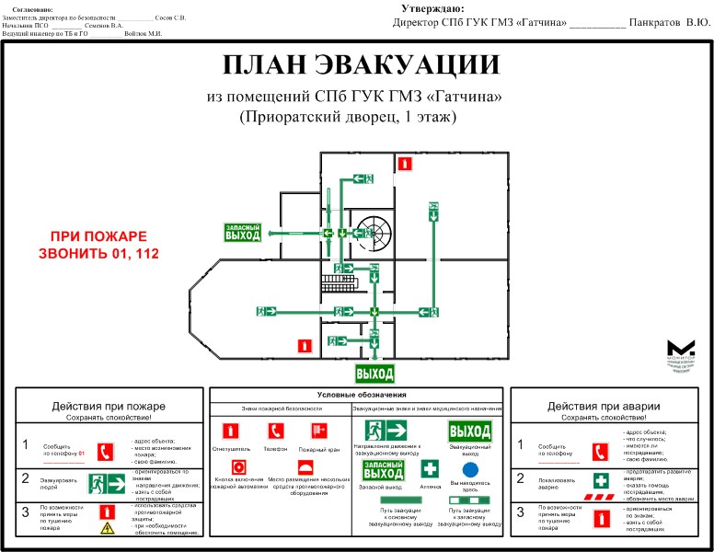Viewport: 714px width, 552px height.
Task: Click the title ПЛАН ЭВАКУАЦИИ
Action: click(362, 65)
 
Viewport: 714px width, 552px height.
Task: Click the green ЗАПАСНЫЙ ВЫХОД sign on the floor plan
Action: click(243, 232)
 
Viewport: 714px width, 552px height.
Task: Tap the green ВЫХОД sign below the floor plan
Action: click(374, 374)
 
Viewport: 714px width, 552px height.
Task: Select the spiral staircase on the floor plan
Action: click(374, 230)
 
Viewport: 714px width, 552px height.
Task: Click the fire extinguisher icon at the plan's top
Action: click(403, 164)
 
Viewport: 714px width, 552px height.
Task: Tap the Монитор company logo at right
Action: click(682, 351)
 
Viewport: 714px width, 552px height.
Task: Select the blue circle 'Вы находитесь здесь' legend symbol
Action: click(470, 469)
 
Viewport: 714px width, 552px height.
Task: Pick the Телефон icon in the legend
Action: click(275, 430)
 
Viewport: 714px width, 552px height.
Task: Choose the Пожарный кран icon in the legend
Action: click(319, 430)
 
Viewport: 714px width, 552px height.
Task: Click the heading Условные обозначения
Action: click(355, 394)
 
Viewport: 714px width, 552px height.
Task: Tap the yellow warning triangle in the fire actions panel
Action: click(107, 527)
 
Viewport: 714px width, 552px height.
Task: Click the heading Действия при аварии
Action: click(603, 407)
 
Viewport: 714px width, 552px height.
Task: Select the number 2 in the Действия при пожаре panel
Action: click(26, 478)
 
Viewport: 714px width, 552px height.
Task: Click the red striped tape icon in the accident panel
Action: click(600, 497)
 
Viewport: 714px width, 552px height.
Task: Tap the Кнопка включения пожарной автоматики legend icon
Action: click(237, 466)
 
